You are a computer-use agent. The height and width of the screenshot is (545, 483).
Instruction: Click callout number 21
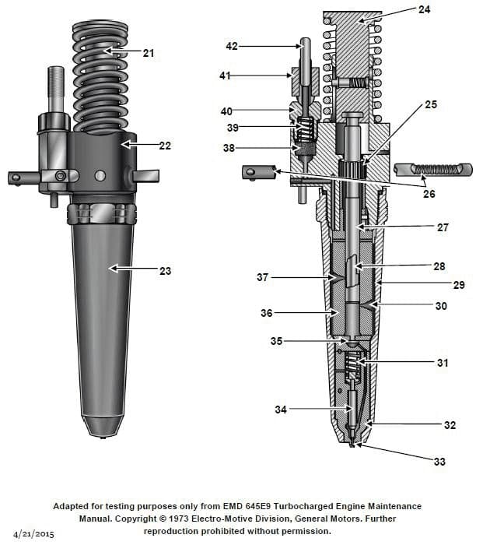pyautogui.click(x=149, y=53)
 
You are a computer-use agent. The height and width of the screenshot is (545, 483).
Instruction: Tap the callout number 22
pyautogui.click(x=165, y=146)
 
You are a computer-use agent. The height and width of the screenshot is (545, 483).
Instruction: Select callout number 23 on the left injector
pyautogui.click(x=165, y=271)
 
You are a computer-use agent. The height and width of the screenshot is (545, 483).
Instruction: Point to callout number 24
pyautogui.click(x=445, y=10)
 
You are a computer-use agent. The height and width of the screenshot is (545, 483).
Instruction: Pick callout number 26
pyautogui.click(x=429, y=195)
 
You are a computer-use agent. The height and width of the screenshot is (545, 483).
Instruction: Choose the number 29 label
pyautogui.click(x=459, y=286)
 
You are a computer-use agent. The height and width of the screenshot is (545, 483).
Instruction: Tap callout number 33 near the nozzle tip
pyautogui.click(x=439, y=462)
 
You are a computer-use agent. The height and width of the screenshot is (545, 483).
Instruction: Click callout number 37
pyautogui.click(x=262, y=277)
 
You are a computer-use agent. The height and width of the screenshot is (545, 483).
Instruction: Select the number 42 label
pyautogui.click(x=232, y=47)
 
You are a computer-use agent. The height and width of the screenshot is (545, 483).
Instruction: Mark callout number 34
pyautogui.click(x=281, y=409)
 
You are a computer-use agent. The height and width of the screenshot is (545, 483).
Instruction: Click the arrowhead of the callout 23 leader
pyautogui.click(x=111, y=269)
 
